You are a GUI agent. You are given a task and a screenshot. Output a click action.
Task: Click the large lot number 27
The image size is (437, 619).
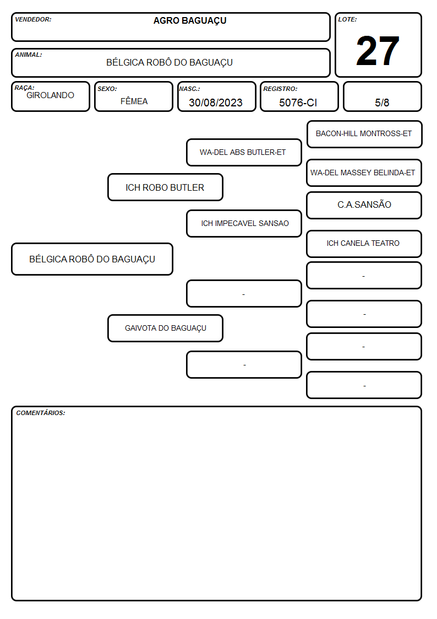[378, 51]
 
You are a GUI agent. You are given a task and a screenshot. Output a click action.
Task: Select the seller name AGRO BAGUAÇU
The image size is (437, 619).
[190, 21]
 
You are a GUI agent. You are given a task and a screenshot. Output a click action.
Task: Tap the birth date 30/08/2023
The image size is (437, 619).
[216, 103]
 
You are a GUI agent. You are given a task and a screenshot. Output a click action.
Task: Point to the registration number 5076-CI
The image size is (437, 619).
[298, 103]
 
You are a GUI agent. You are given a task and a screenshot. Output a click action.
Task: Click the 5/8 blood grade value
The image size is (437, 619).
[382, 103]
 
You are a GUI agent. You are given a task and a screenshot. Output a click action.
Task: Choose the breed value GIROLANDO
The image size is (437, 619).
[50, 95]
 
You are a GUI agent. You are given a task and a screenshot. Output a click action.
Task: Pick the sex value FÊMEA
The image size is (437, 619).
[134, 101]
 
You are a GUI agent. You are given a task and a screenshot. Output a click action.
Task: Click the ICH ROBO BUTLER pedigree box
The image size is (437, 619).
[165, 187]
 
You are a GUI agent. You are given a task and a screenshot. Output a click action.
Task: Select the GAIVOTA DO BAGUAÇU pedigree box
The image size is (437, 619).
[165, 328]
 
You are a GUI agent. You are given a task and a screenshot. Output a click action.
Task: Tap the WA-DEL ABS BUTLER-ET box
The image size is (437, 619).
[244, 152]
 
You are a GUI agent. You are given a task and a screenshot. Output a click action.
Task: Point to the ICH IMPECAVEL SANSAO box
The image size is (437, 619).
[244, 223]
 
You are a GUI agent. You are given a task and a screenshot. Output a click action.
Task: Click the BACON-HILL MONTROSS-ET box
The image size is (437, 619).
[364, 134]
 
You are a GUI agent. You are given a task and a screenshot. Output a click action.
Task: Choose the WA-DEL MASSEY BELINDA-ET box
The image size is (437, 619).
[364, 173]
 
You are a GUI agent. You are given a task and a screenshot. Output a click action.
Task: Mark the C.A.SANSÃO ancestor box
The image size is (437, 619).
[364, 205]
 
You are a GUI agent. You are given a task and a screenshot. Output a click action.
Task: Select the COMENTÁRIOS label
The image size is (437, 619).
[41, 413]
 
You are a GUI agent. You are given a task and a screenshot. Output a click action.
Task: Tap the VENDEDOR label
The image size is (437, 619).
[33, 19]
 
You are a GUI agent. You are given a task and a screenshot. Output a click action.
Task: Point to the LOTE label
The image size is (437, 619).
[347, 19]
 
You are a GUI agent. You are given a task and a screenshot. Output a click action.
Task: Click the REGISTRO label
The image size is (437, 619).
[280, 89]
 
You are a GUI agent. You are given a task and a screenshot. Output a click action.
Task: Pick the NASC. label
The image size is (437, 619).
[189, 89]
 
